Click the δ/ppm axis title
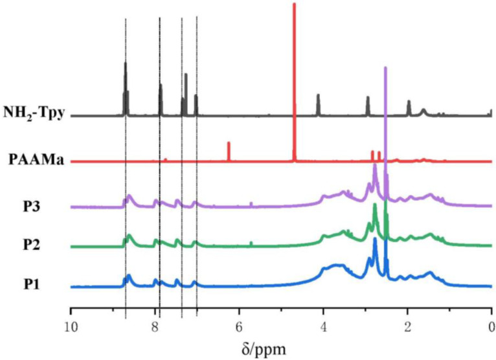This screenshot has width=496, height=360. click(280, 348)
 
